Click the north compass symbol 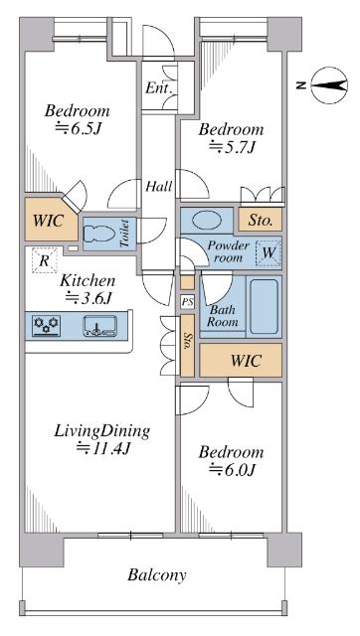pyautogui.click(x=329, y=85)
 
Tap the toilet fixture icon pyautogui.click(x=98, y=235)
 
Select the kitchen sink pyautogui.click(x=100, y=326)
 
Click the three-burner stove pyautogui.click(x=46, y=326)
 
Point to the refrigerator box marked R pyautogui.click(x=44, y=260)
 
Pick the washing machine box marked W pyautogui.click(x=269, y=253)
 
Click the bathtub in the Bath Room pyautogui.click(x=264, y=305)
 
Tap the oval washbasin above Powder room pyautogui.click(x=207, y=221)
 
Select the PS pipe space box pyautogui.click(x=188, y=302)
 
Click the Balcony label pyautogui.click(x=157, y=574)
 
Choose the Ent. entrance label pyautogui.click(x=159, y=88)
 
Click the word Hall pyautogui.click(x=159, y=187)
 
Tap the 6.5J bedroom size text pyautogui.click(x=78, y=128)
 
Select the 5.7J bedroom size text pyautogui.click(x=232, y=147)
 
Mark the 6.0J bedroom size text pyautogui.click(x=232, y=469)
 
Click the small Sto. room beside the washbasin pyautogui.click(x=261, y=220)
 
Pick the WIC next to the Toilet pyautogui.click(x=50, y=220)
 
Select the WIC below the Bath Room pyautogui.click(x=241, y=360)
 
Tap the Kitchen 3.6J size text pyautogui.click(x=89, y=298)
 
